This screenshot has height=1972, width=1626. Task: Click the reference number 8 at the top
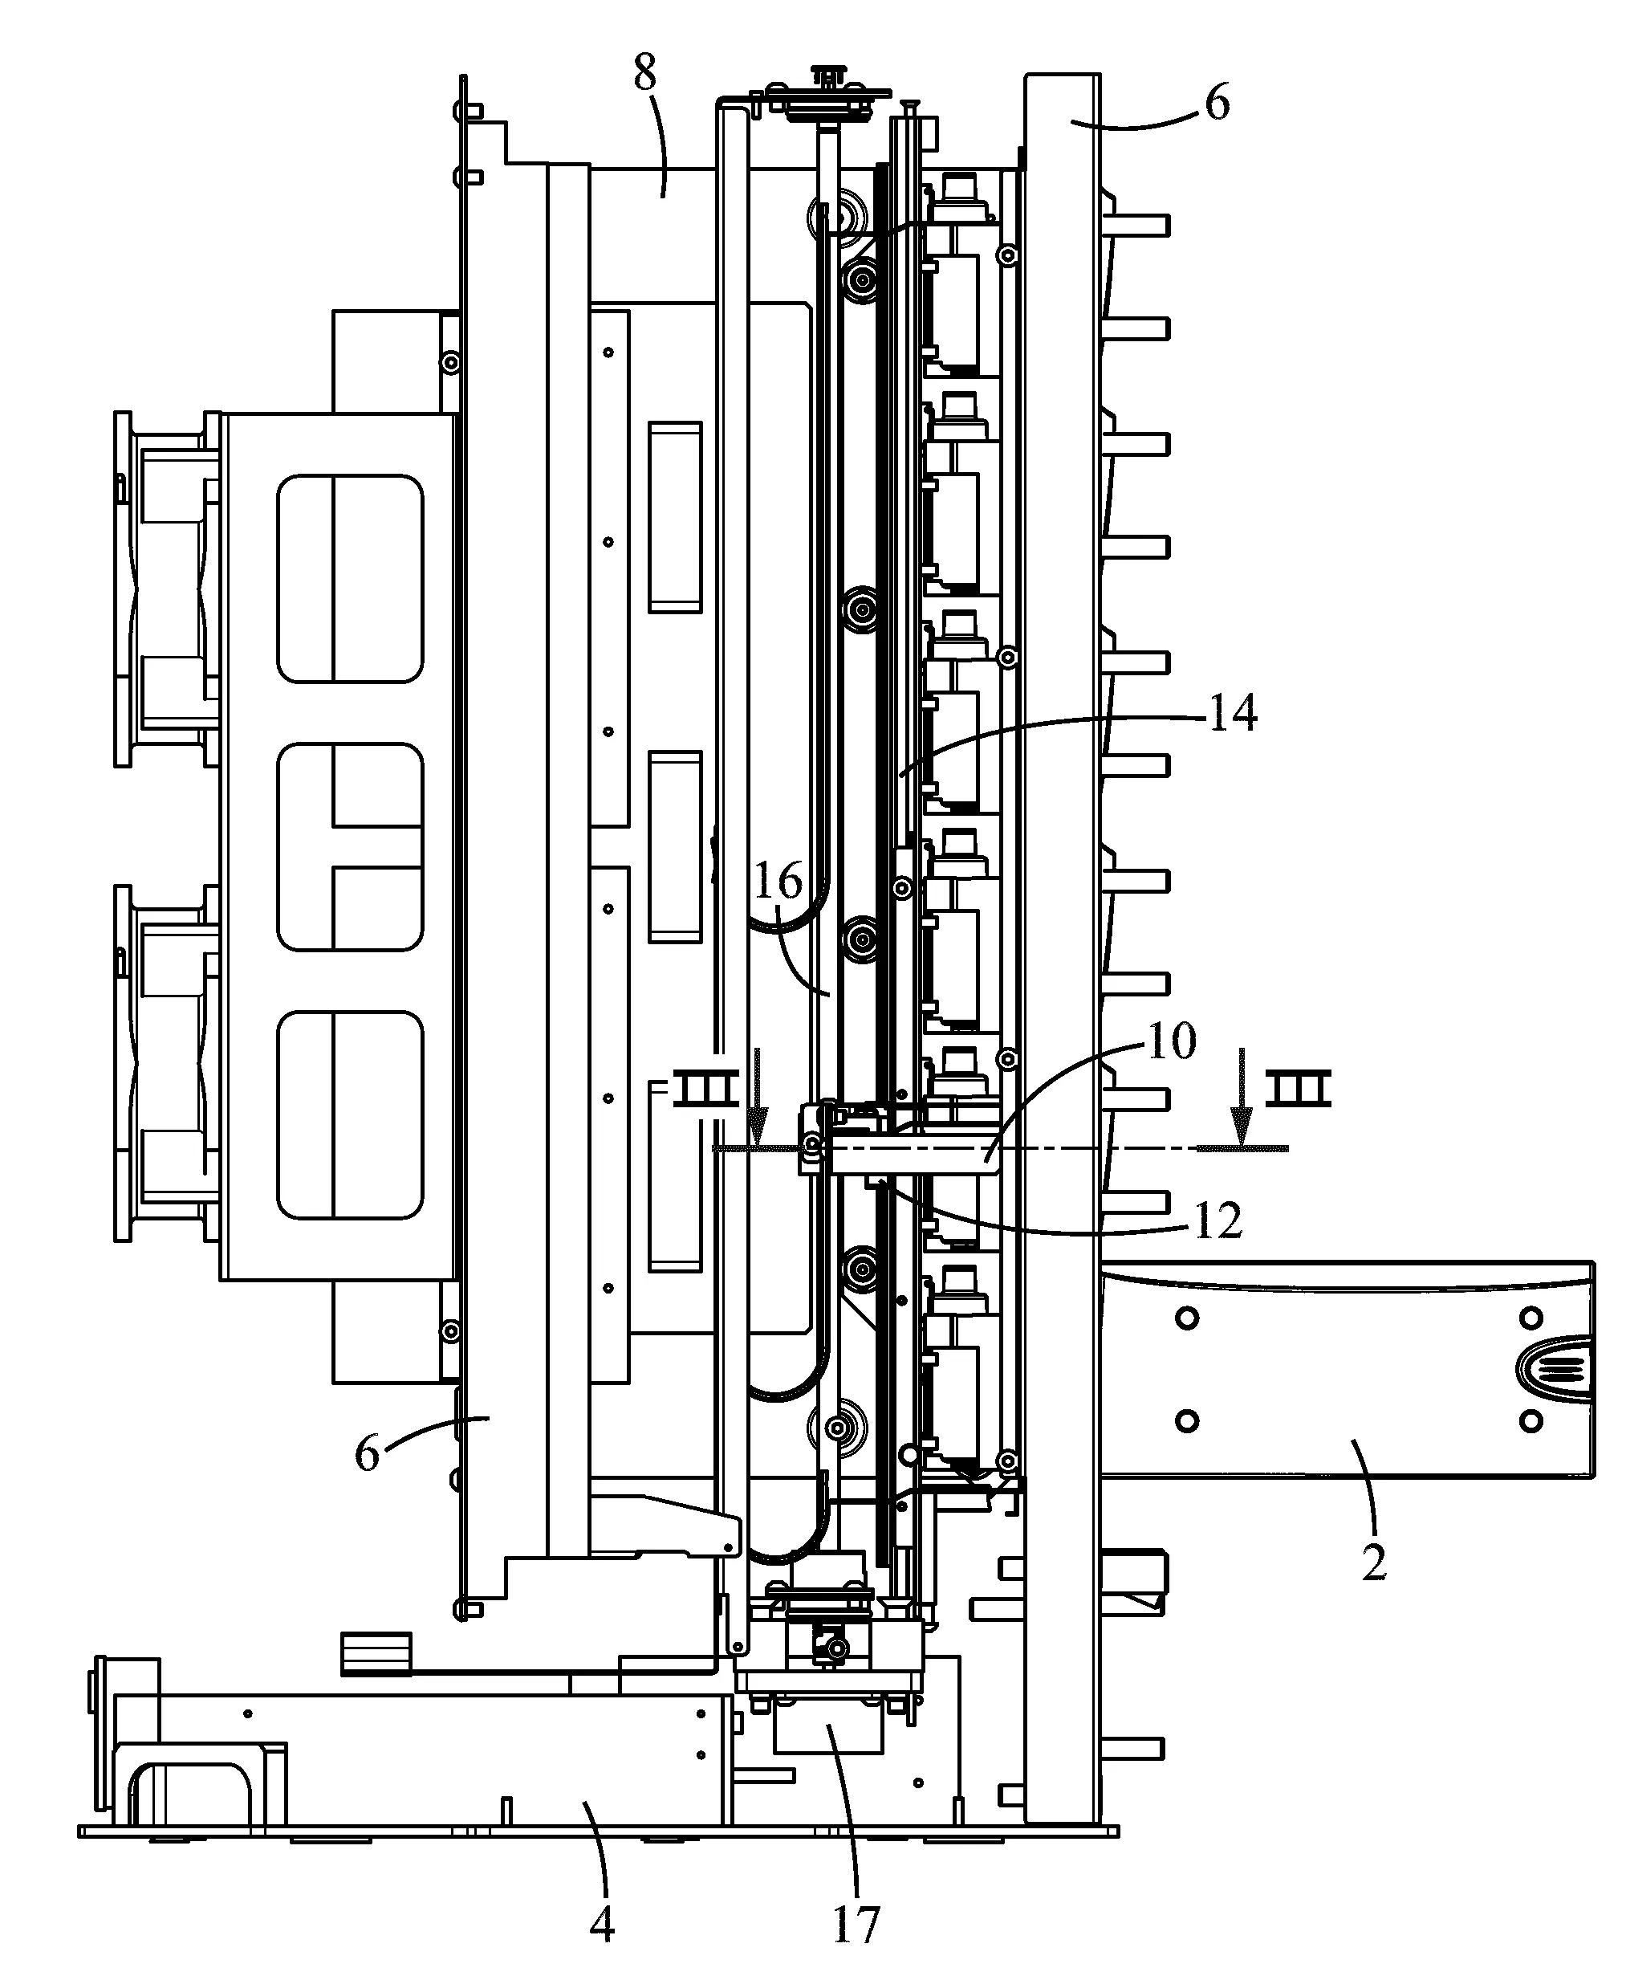645,73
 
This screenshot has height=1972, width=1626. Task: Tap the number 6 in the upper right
1217,103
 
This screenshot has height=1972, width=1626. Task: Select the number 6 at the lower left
367,1453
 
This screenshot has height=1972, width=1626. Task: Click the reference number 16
778,882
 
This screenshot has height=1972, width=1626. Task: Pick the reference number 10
1172,1041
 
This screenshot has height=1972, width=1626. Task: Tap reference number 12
1218,1220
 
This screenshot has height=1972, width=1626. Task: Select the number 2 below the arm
1374,1563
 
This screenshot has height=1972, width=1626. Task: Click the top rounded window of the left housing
350,578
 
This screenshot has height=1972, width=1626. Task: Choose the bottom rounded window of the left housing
350,1114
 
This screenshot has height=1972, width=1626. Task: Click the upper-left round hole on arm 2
1187,1318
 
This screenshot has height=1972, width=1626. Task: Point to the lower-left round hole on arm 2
1187,1421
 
